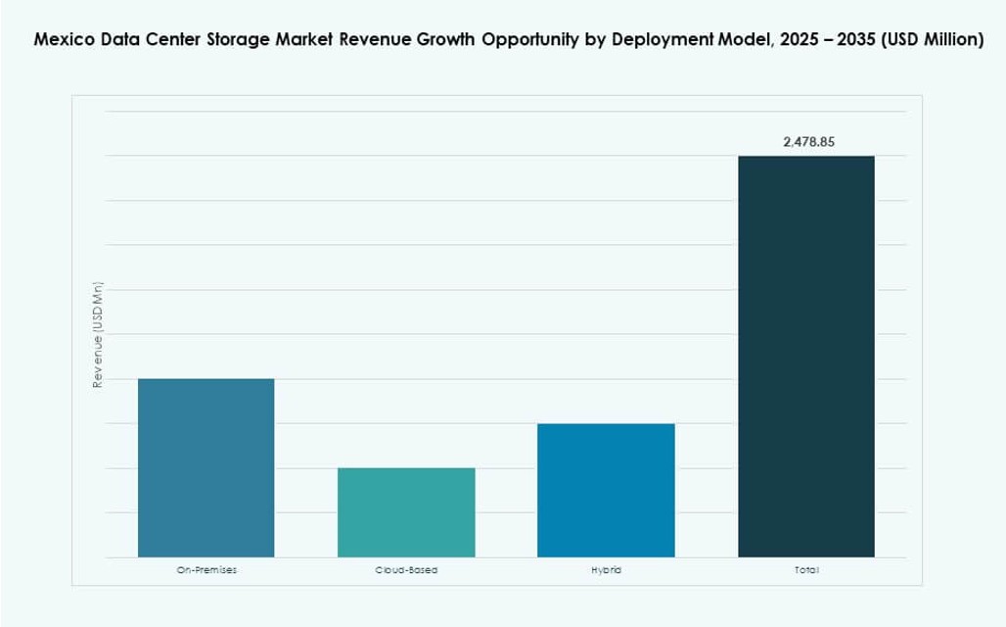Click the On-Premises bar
coord(206,467)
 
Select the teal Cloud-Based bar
coord(406,512)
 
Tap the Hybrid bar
coord(606,490)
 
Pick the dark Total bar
coord(805,357)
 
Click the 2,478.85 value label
coord(808,142)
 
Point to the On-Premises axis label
coord(206,570)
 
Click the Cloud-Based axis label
coord(406,570)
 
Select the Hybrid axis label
coord(606,570)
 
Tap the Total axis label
coord(806,570)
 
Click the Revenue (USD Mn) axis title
coord(98,335)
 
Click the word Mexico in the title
coord(63,42)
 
